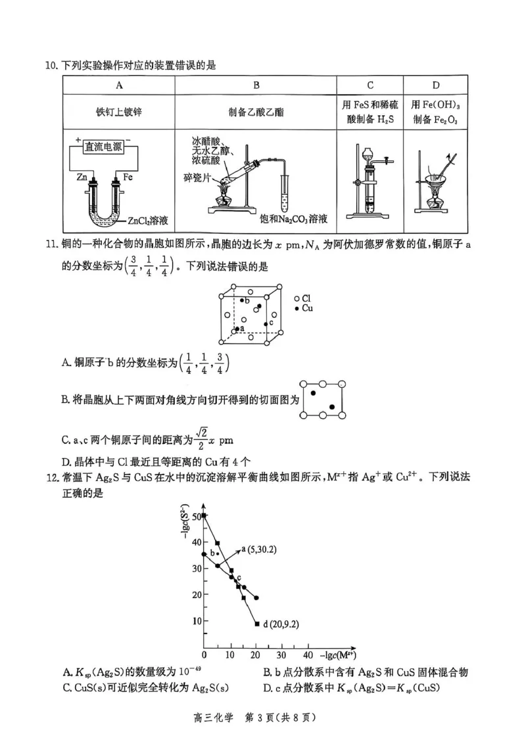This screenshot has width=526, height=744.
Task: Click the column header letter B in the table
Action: click(x=256, y=85)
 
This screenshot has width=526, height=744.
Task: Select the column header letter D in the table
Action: click(x=436, y=85)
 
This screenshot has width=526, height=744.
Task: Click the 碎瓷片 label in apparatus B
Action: click(x=196, y=177)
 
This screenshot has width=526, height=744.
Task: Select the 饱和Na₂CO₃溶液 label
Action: click(x=293, y=218)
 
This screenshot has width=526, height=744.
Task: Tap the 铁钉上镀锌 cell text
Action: click(x=118, y=112)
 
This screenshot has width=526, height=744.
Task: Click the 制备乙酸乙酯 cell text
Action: click(x=256, y=112)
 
